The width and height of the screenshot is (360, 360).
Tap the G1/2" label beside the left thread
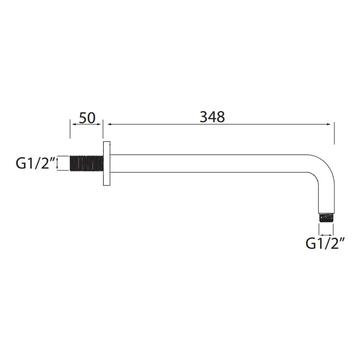click(x=36, y=163)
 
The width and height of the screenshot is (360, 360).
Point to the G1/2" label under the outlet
click(x=325, y=243)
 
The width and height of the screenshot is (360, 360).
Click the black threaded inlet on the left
click(x=86, y=163)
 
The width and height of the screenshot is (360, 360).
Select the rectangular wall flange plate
click(x=106, y=163)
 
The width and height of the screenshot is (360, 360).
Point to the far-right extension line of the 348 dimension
click(x=333, y=133)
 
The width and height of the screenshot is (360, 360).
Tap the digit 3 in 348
click(x=203, y=117)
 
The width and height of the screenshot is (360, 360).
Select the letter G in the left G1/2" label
click(x=21, y=163)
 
